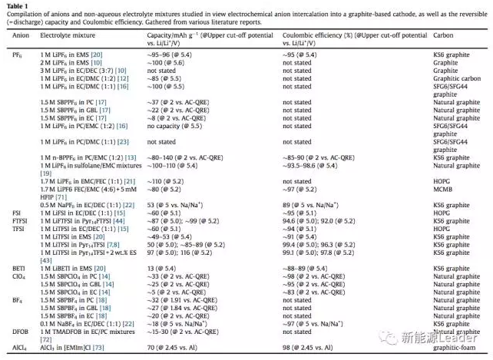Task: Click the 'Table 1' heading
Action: pos(15,5)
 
